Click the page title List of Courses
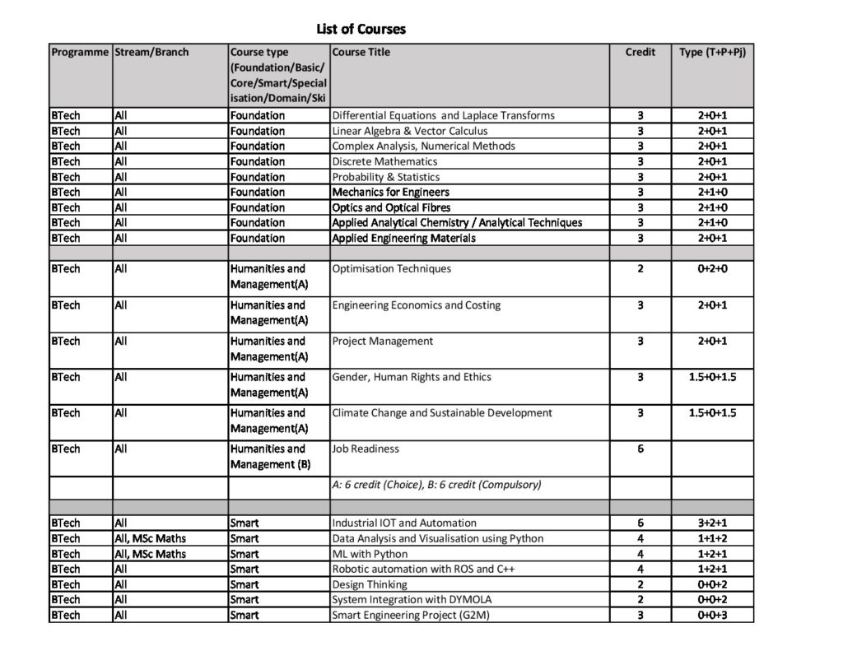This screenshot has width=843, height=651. click(x=361, y=30)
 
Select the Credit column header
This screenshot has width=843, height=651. click(x=640, y=52)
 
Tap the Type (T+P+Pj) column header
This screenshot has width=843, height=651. click(x=712, y=52)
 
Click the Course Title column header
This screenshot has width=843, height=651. click(x=361, y=52)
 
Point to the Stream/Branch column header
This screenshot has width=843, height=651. click(x=151, y=52)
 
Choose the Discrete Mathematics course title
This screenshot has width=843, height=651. click(x=384, y=161)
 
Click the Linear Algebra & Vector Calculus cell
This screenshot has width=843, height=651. click(x=409, y=131)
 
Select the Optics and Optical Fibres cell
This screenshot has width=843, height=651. click(x=391, y=207)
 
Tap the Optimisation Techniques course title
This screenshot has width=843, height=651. click(x=391, y=269)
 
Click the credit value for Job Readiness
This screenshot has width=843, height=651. click(x=640, y=449)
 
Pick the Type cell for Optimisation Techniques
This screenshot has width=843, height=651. click(x=712, y=269)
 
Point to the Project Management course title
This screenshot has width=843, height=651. click(x=382, y=342)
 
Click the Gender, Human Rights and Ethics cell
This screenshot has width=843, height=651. click(x=411, y=378)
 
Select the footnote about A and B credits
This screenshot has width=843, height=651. click(x=436, y=485)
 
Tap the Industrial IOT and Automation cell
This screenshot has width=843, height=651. click(x=403, y=523)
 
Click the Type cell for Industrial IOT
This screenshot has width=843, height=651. click(x=712, y=523)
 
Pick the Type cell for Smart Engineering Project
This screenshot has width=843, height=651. click(x=712, y=615)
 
